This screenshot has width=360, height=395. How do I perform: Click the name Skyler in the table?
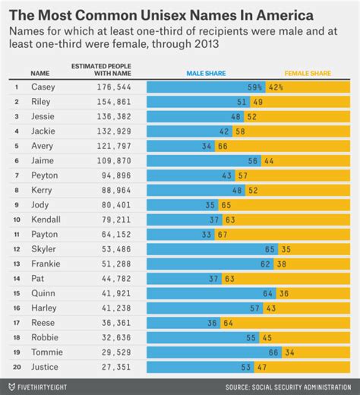tap(43, 248)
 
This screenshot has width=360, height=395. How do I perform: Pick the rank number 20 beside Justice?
tap(16, 366)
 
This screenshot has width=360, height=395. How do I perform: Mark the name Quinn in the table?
tap(41, 292)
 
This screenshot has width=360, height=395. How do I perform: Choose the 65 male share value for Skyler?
tap(270, 248)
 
